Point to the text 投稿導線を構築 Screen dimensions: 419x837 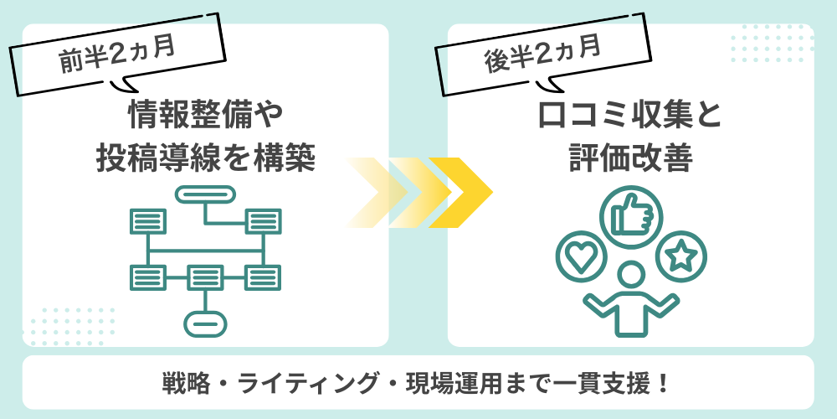tap(205, 158)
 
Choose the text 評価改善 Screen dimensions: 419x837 tap(630, 158)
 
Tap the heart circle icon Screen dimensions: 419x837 tap(579, 256)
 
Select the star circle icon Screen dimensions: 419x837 tap(683, 256)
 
